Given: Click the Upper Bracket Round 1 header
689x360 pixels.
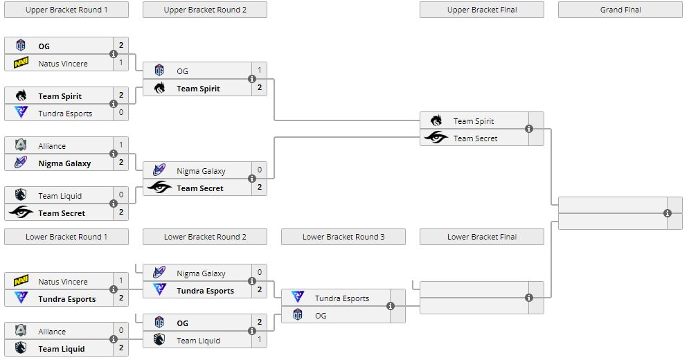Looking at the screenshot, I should point(66,10).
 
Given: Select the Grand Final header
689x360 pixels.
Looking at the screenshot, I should point(620,10).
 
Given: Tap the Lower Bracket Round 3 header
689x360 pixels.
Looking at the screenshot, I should point(343,237).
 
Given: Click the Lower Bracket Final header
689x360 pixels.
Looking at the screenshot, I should point(481,237).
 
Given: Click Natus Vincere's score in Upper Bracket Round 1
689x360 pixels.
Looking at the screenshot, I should point(121,63).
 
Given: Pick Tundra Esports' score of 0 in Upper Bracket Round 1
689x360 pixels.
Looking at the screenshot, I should point(121,113).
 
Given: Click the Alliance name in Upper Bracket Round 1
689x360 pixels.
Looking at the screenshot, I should point(52,146).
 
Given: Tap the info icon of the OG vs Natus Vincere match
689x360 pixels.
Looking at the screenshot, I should point(114,54).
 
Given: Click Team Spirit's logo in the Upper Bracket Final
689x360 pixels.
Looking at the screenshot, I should point(436,121).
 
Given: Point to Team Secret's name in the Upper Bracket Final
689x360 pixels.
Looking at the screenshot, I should point(475,138).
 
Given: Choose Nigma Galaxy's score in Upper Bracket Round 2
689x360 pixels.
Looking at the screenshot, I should point(260,170).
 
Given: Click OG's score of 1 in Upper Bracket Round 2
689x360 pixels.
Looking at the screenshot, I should point(260,71).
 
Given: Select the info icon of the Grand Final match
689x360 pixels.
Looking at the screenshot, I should point(668,213).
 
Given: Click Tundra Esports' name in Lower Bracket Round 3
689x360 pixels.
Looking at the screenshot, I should point(341,298).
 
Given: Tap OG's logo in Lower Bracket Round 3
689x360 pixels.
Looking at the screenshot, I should point(298,316).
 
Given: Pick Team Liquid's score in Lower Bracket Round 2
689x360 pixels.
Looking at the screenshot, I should point(260,340).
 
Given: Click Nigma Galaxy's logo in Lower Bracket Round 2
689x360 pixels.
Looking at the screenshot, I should point(159,273).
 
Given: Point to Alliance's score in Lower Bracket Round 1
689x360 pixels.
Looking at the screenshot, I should point(121,331).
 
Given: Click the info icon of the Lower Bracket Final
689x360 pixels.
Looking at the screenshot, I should point(529,298).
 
